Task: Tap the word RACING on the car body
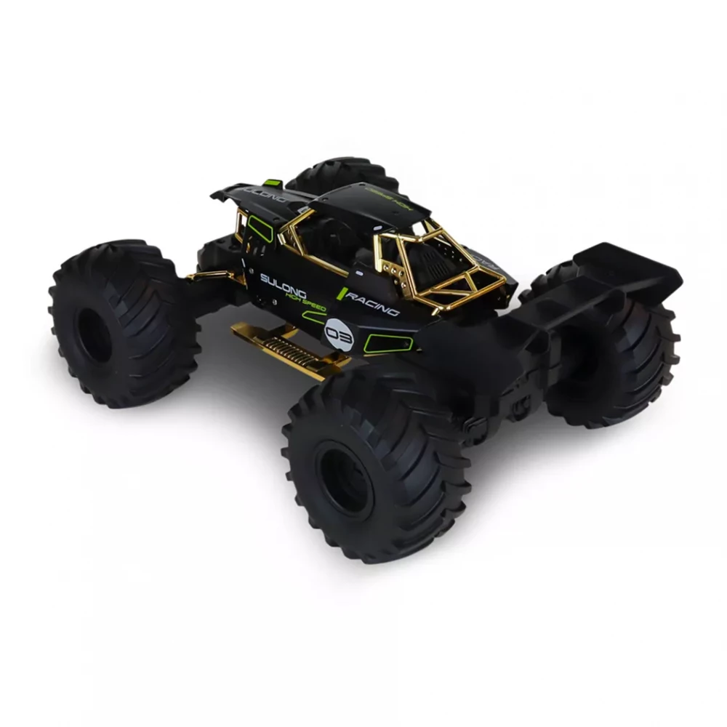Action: (x=373, y=303)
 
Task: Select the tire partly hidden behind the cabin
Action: (x=342, y=174)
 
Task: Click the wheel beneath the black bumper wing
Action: (x=618, y=356)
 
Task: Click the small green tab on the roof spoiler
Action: (x=273, y=182)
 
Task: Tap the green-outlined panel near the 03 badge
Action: (x=378, y=343)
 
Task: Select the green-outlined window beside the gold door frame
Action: (x=260, y=228)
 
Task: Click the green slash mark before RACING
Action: (x=340, y=293)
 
